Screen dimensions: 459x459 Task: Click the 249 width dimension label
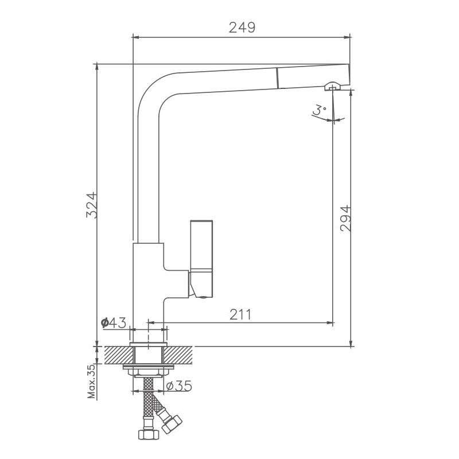242,27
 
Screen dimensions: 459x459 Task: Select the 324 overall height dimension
91,205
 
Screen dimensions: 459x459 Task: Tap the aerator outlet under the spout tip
332,87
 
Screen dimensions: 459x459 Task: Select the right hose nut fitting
172,425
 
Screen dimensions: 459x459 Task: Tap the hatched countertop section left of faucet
113,356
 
